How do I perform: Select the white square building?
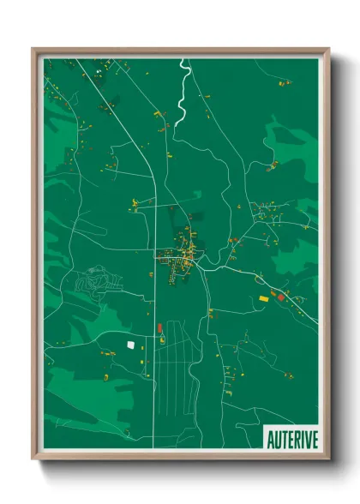(x=131, y=345)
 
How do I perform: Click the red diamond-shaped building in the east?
(x=278, y=296)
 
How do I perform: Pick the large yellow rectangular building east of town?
(x=264, y=298)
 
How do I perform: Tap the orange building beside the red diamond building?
(x=285, y=295)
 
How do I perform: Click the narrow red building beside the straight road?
(x=159, y=327)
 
